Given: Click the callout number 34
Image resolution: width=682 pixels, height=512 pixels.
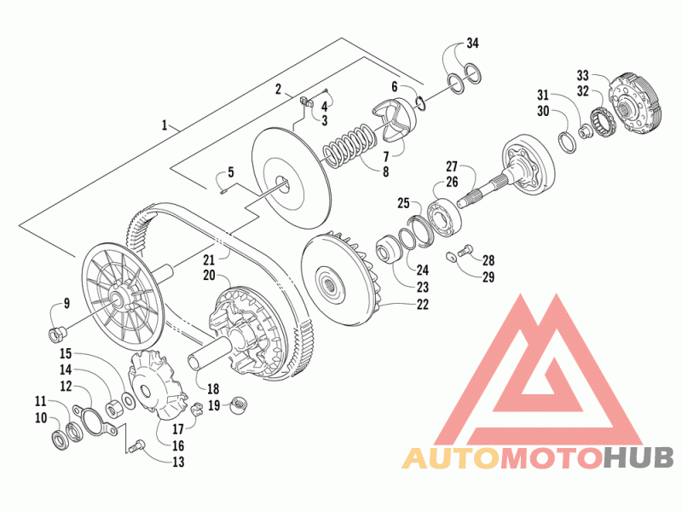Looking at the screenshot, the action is pyautogui.click(x=472, y=44).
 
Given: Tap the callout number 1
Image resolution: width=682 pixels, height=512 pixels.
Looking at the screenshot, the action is pyautogui.click(x=165, y=125).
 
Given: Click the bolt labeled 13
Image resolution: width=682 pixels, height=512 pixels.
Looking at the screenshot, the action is pyautogui.click(x=137, y=446).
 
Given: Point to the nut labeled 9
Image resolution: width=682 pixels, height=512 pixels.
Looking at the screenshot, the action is pyautogui.click(x=56, y=334).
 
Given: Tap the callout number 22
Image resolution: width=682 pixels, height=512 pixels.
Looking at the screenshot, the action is pyautogui.click(x=422, y=305).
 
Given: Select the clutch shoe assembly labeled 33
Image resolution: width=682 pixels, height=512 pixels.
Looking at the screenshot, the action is pyautogui.click(x=635, y=103).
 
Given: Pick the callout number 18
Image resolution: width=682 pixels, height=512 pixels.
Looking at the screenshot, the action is pyautogui.click(x=213, y=388).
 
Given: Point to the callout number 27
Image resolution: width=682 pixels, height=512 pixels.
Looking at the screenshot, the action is pyautogui.click(x=452, y=166).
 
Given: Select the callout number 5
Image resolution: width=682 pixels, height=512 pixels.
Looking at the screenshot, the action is pyautogui.click(x=230, y=172).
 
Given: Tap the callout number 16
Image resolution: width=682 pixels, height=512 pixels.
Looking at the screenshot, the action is pyautogui.click(x=178, y=445).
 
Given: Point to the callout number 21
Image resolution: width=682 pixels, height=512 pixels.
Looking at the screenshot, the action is pyautogui.click(x=209, y=260).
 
